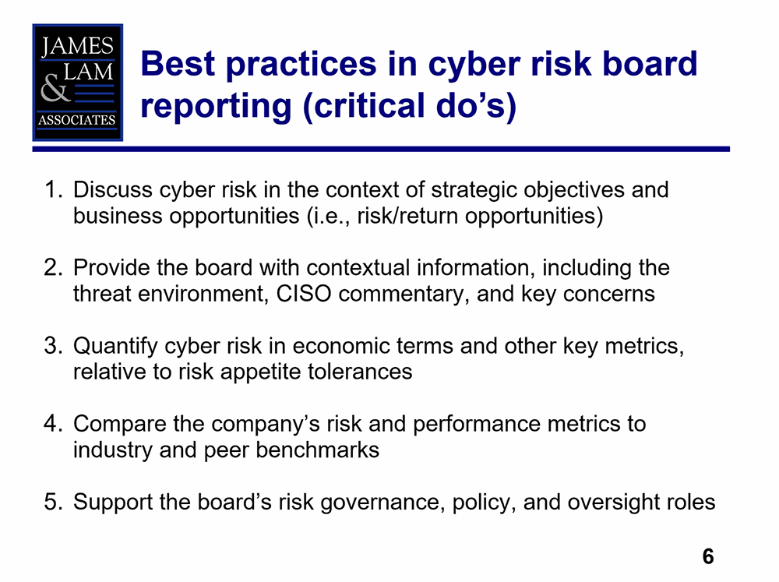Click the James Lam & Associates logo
coord(77,82)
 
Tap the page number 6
coord(707,556)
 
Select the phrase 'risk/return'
coord(407,216)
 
